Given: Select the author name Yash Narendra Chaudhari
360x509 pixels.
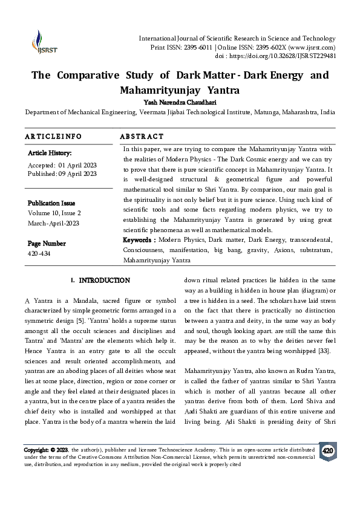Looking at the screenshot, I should tap(180, 102).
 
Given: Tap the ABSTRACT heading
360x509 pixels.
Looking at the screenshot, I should tap(142, 137).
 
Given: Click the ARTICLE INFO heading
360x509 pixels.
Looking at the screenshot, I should tap(53, 137).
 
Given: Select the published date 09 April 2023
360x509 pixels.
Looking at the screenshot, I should tap(77, 173).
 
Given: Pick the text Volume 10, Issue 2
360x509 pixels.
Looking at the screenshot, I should tap(54, 213).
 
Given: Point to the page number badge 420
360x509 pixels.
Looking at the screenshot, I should tap(327, 451).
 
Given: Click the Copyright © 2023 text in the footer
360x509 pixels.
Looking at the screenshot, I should tap(46, 451).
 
